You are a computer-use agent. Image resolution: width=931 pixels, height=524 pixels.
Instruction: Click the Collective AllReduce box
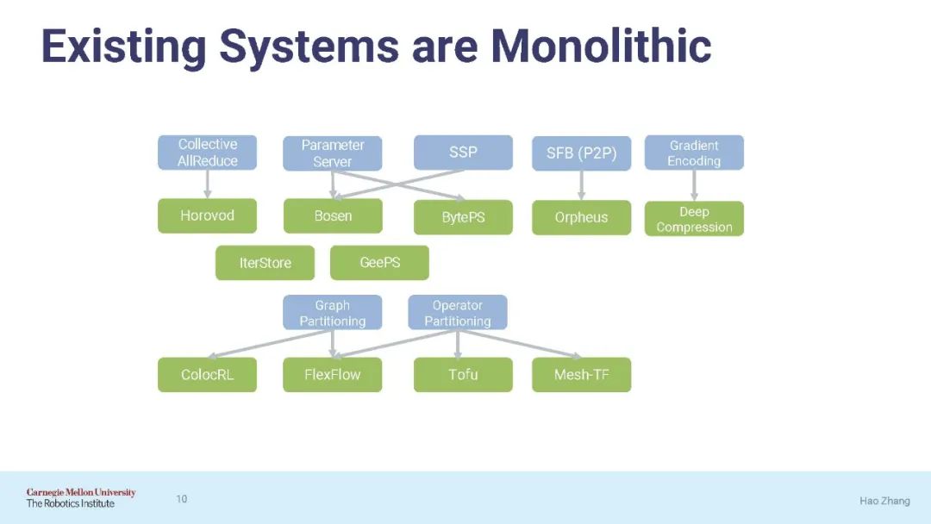pos(207,153)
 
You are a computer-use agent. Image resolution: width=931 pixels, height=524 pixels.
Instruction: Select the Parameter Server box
pos(333,153)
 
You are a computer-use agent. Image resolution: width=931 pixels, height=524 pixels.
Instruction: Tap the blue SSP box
pos(463,153)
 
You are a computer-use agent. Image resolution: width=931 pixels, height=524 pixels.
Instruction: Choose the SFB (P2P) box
pos(581,153)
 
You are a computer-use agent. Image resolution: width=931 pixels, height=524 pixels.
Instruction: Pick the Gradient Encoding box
pos(694,153)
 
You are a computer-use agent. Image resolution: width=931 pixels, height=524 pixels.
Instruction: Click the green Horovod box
pos(207,215)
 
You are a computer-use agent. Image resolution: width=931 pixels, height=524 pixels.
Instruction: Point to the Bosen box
pos(333,215)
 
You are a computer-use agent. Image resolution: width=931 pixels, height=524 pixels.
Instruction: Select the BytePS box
pos(463,217)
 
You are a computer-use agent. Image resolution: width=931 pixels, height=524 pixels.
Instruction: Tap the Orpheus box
pos(581,217)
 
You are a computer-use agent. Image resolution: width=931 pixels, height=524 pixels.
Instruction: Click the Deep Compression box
pos(694,219)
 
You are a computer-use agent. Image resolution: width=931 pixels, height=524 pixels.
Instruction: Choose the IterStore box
pos(265,263)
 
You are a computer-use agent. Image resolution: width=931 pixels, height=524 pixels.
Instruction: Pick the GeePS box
pos(379,263)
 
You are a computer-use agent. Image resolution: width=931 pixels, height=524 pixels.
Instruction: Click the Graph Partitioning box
pos(333,313)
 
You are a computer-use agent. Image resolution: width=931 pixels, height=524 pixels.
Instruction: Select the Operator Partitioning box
pos(457,313)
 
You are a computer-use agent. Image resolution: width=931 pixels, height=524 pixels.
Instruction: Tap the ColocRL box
pos(207,375)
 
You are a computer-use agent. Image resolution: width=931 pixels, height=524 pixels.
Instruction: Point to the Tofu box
pos(463,375)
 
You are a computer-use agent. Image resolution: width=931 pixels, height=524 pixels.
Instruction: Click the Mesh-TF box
pos(581,375)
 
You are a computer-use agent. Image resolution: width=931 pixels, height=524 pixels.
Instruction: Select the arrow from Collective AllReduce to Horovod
pos(207,184)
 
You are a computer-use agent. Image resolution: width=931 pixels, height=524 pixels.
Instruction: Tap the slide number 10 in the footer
pos(182,499)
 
